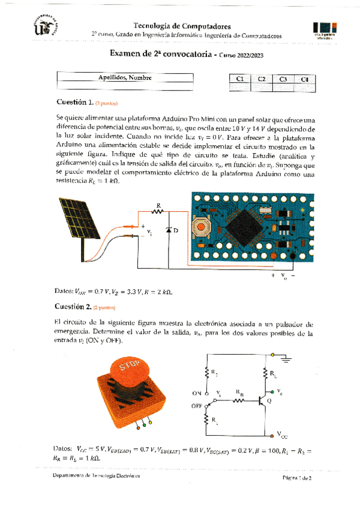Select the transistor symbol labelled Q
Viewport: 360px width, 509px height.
(263, 400)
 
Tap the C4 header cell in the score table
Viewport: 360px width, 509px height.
(304, 79)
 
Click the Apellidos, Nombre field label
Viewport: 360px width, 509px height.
(125, 78)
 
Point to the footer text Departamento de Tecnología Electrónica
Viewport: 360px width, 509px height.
(96, 475)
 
